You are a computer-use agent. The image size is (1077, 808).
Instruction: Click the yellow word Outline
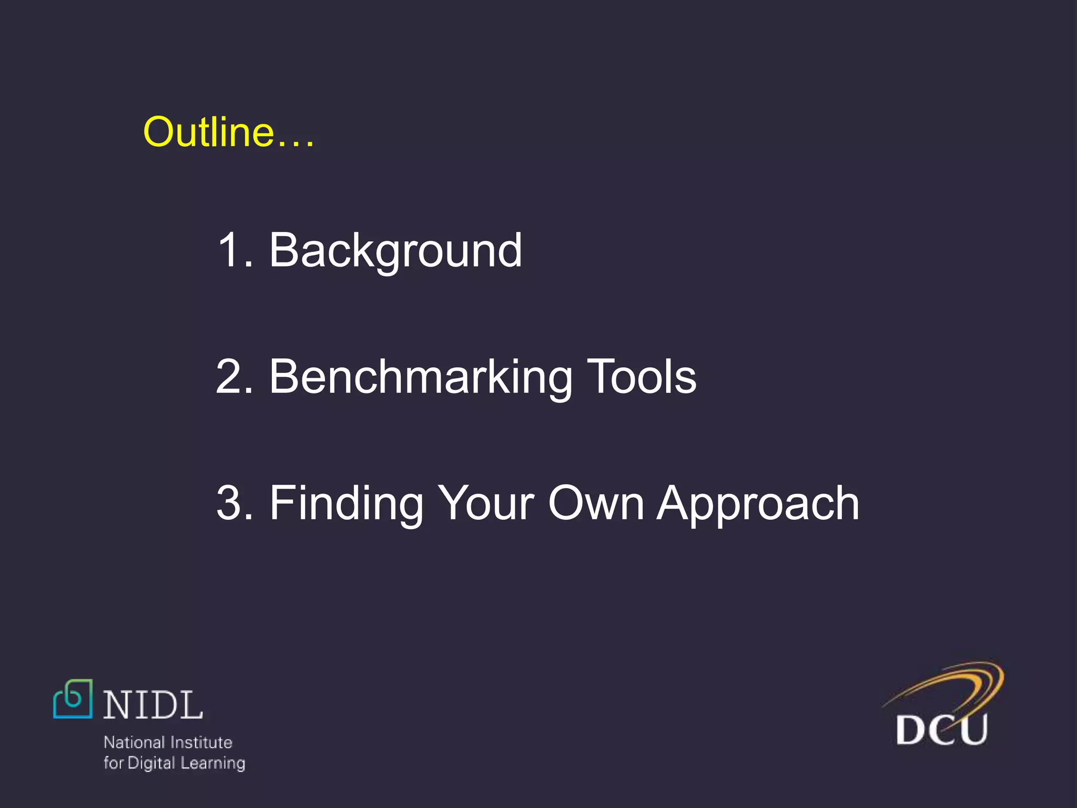pos(209,132)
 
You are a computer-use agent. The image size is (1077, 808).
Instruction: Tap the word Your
pos(486,503)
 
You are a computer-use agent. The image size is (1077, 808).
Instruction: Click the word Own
pos(596,503)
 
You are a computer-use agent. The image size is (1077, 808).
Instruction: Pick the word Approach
pos(758,503)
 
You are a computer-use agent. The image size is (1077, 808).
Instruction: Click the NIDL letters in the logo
pos(153,706)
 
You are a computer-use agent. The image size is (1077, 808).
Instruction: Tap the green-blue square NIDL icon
pos(73,699)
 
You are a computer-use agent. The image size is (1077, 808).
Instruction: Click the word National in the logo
pos(135,742)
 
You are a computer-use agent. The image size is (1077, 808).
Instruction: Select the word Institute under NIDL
pos(201,742)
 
